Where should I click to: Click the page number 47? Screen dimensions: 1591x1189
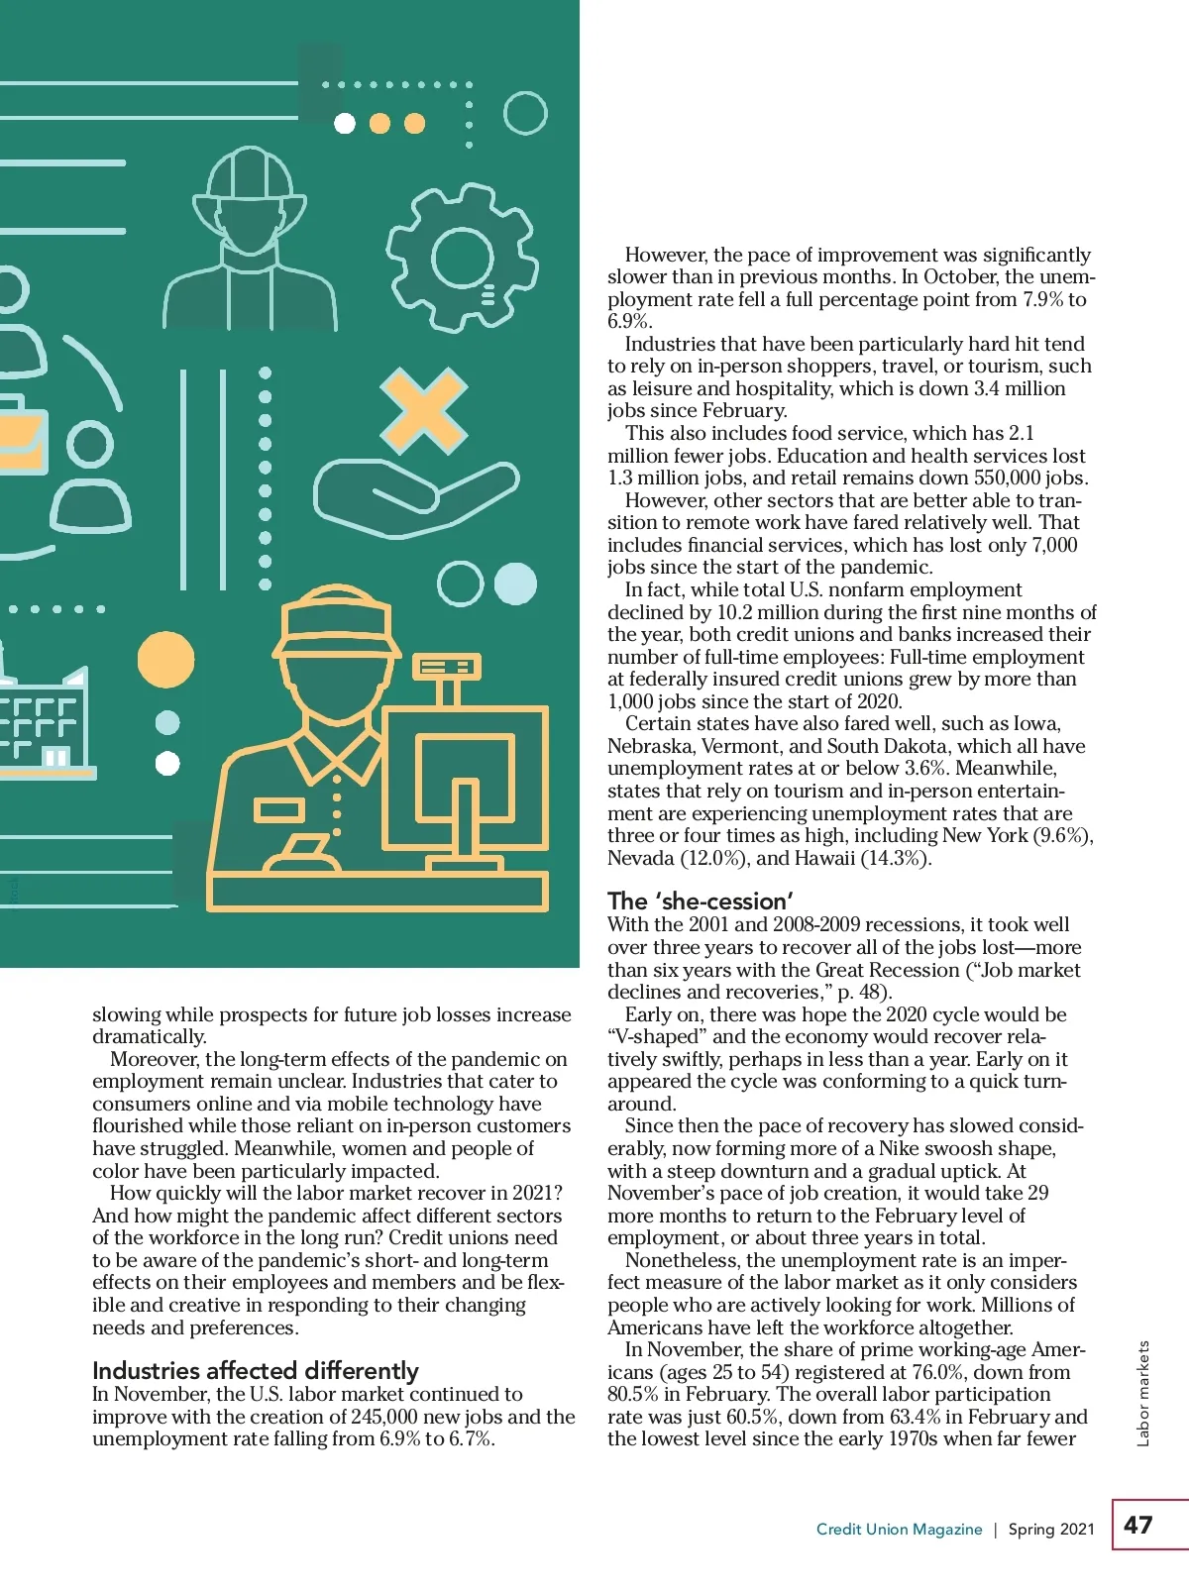coord(1138,1525)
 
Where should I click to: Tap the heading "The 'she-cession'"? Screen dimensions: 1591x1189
coord(700,902)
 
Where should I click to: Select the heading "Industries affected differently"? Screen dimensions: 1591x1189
coord(255,1371)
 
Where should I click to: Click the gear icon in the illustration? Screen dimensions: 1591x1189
coord(462,259)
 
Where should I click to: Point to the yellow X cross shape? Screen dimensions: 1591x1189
coord(424,409)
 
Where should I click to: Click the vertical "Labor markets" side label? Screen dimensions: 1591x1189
coord(1143,1393)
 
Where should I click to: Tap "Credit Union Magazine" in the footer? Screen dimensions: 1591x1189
coord(899,1530)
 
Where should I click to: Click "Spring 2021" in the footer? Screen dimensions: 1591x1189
coord(1051,1530)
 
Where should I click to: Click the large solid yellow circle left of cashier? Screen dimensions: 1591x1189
coord(165,660)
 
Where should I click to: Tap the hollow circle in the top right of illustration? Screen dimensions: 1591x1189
coord(525,114)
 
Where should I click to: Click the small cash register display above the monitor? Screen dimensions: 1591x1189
coord(446,667)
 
